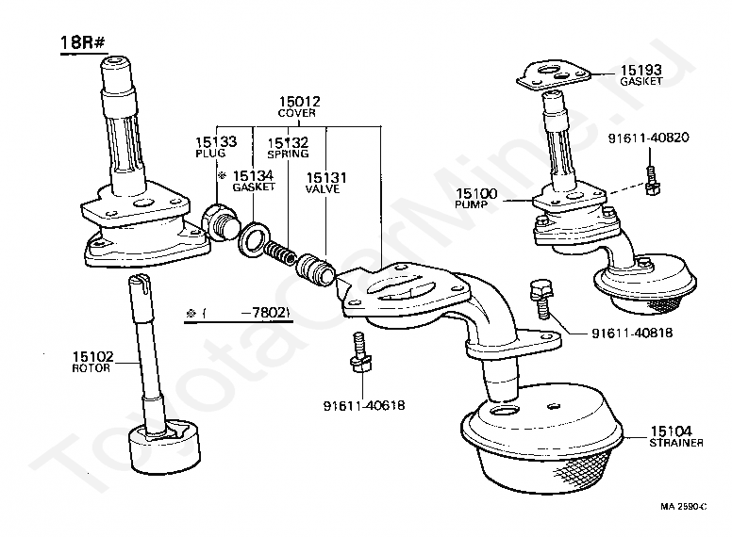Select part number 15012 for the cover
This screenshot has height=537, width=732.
click(x=298, y=101)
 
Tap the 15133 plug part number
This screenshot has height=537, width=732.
click(x=216, y=141)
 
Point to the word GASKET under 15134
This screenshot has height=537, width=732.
click(x=254, y=187)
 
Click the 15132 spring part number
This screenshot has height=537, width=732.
click(x=288, y=141)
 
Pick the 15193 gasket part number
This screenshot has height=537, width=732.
click(x=641, y=70)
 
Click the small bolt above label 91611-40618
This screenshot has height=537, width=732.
click(x=358, y=350)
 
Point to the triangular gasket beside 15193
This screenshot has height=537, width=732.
click(x=555, y=73)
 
